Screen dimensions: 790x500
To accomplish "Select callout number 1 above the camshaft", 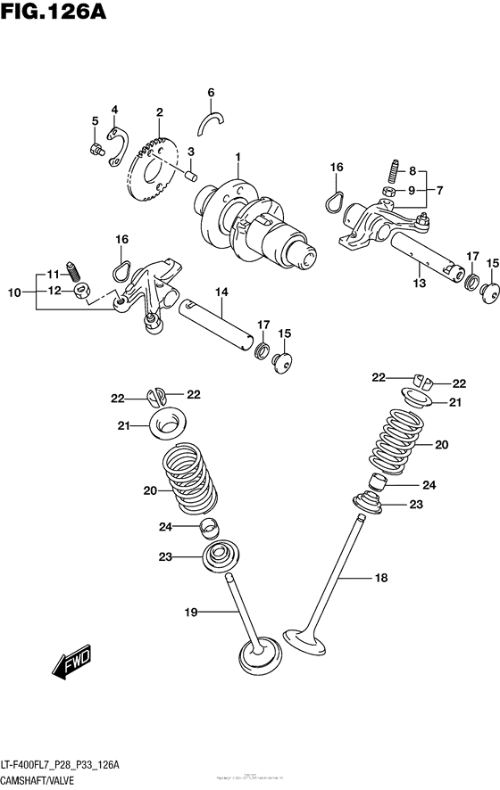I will (x=238, y=158).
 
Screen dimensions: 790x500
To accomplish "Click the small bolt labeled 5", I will (x=96, y=149).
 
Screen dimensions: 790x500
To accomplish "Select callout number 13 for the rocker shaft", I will (x=420, y=284).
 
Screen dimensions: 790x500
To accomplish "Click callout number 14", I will (x=221, y=292).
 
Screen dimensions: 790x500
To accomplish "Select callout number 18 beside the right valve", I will (x=381, y=579).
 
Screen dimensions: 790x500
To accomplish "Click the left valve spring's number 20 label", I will (x=148, y=490).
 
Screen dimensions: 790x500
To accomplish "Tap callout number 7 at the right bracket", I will (x=440, y=189).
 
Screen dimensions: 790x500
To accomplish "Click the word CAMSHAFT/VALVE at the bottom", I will (x=36, y=781).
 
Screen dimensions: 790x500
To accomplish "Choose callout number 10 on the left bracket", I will (x=14, y=291).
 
